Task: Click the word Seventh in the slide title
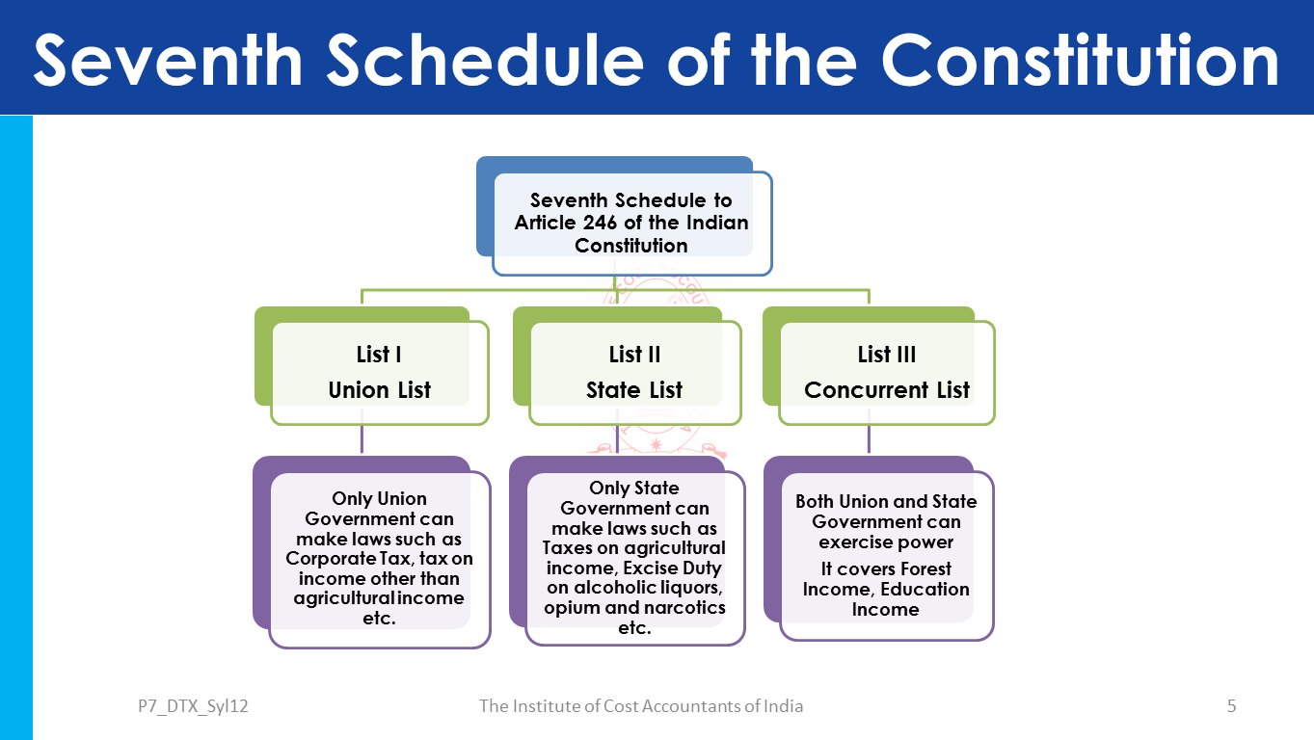tap(168, 60)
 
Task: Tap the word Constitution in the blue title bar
tap(1080, 60)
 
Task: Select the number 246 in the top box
tap(600, 223)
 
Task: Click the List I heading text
tap(379, 355)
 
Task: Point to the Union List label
tap(380, 390)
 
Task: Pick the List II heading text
tap(634, 355)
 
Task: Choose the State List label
tap(634, 390)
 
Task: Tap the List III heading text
tap(886, 355)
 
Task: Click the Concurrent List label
tap(886, 390)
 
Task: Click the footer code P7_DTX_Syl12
tap(193, 706)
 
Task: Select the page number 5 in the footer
tap(1231, 706)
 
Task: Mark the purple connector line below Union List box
tap(362, 438)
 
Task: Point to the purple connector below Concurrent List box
tap(869, 438)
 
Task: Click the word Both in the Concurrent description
tap(816, 501)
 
